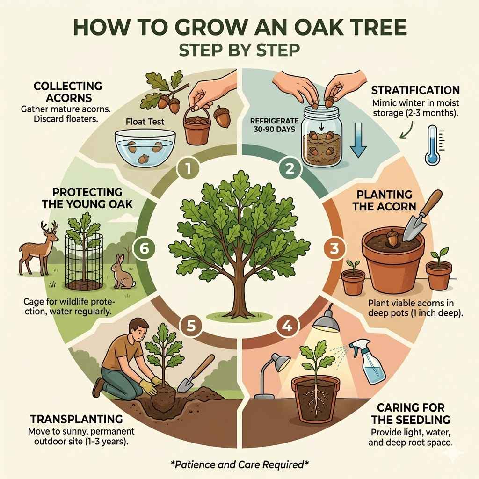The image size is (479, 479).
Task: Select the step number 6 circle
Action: point(144,248)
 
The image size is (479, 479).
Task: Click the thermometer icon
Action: point(432,145)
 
